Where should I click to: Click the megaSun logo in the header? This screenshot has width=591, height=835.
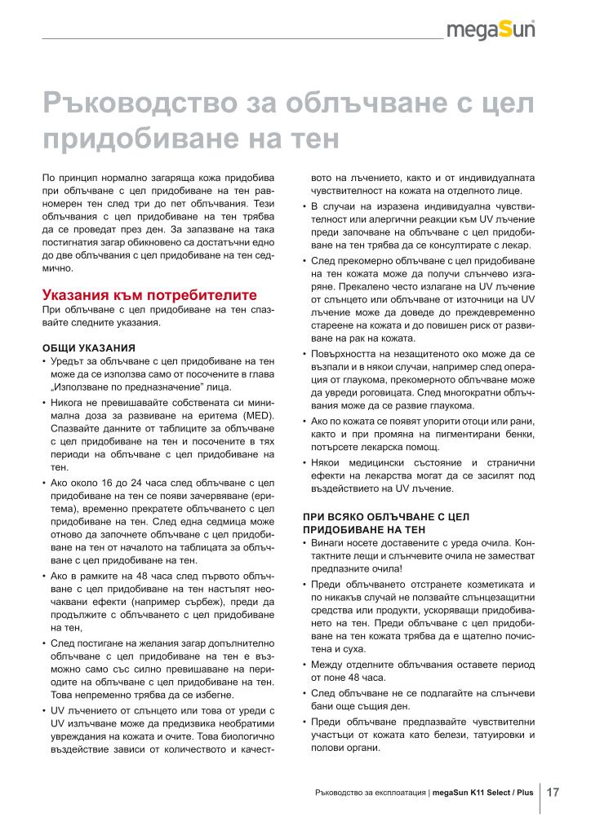(495, 31)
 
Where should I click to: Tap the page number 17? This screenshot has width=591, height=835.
(553, 791)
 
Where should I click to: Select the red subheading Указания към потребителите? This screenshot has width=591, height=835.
(149, 294)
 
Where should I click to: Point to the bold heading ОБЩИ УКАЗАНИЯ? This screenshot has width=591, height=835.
(88, 347)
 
